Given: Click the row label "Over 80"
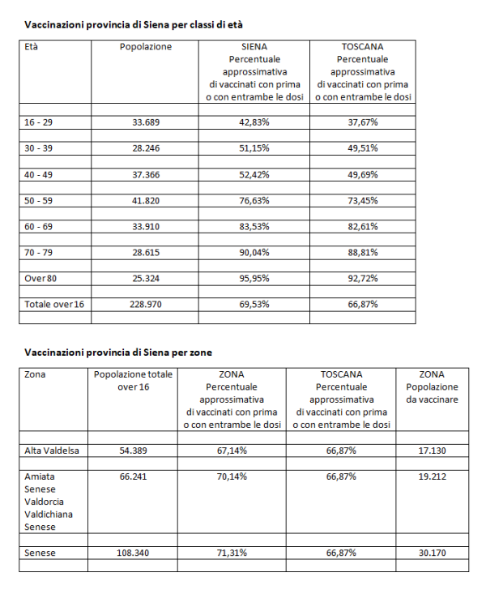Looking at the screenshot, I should tap(40, 277).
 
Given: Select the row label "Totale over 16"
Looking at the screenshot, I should tap(53, 303).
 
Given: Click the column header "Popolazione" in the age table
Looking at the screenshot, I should tap(146, 47).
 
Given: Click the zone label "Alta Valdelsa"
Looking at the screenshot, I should tap(53, 450).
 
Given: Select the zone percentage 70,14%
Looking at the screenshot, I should tap(232, 476).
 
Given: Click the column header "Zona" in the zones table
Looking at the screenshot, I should tap(35, 375).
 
